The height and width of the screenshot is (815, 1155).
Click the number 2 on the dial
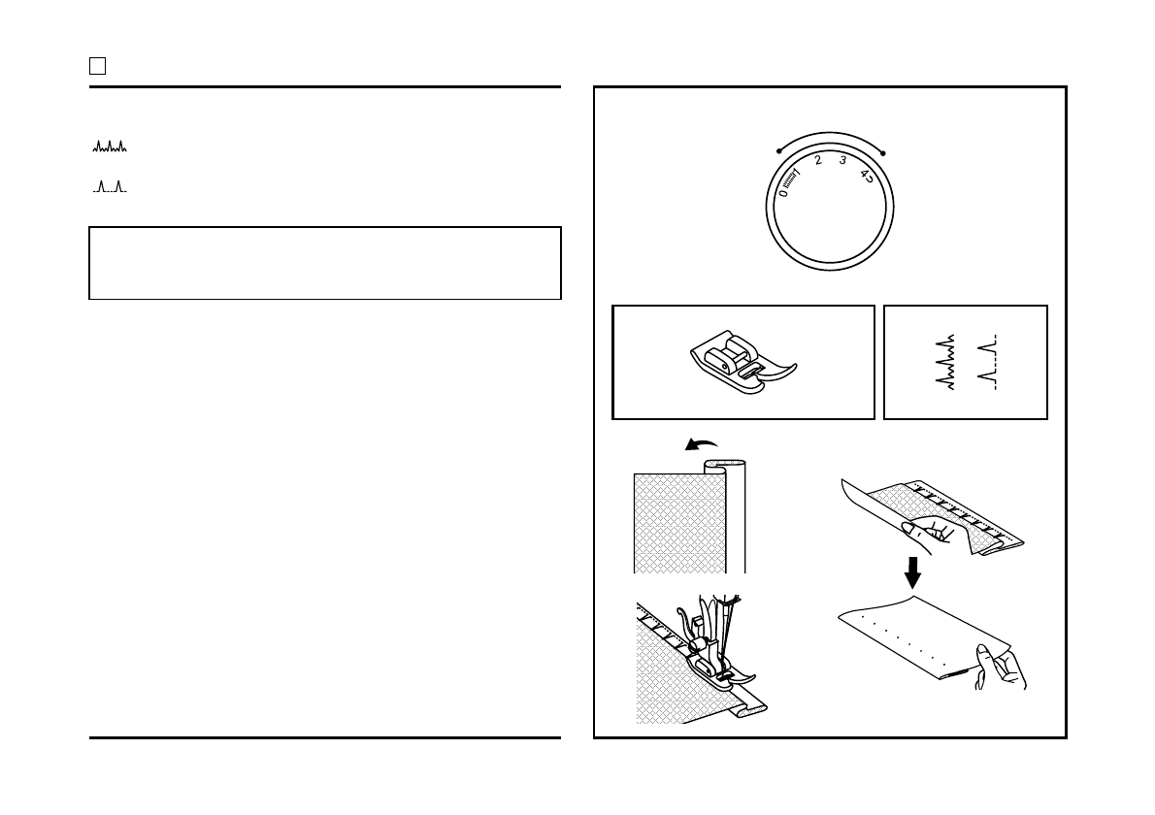coord(818,161)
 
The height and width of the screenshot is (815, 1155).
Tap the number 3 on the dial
coord(842,160)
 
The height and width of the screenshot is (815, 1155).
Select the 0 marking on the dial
coord(784,192)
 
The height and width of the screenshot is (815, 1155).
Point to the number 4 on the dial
coord(864,175)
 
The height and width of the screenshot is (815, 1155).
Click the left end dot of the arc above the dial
coord(779,151)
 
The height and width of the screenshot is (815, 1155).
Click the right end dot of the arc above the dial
coord(884,152)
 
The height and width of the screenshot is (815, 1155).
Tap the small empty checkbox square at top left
coord(97,66)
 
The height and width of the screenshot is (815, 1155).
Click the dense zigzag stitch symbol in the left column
coord(110,147)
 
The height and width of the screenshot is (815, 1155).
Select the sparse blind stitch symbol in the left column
coord(110,186)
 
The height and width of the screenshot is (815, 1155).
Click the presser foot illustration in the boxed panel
coord(741,364)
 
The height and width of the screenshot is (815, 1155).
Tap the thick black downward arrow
coord(912,571)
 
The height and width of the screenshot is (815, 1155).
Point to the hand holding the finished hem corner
coord(1000,668)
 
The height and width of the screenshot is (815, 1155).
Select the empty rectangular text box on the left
coord(325,263)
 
